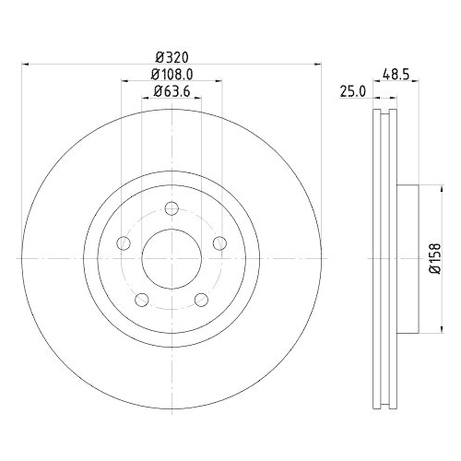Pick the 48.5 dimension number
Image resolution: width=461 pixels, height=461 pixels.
coord(397,73)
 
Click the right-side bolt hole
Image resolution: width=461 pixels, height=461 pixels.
coord(219,242)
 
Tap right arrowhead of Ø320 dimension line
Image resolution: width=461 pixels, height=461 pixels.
coord(318,65)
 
